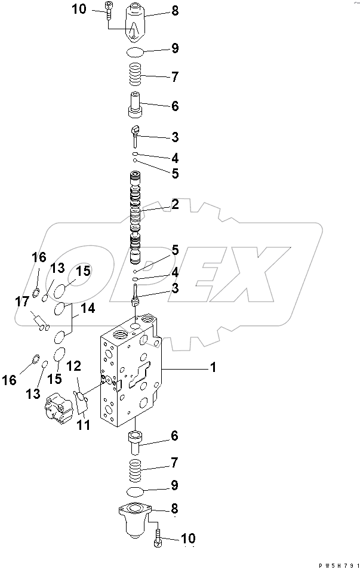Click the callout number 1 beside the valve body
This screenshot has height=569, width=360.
point(212,368)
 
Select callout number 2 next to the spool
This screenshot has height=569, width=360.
point(175,204)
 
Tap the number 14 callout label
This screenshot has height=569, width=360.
point(88,308)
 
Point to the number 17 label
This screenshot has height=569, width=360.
point(22,303)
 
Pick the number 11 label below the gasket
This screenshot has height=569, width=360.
point(84,425)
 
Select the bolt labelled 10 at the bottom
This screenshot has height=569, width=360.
point(156,539)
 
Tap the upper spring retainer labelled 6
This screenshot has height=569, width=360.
point(136,106)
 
